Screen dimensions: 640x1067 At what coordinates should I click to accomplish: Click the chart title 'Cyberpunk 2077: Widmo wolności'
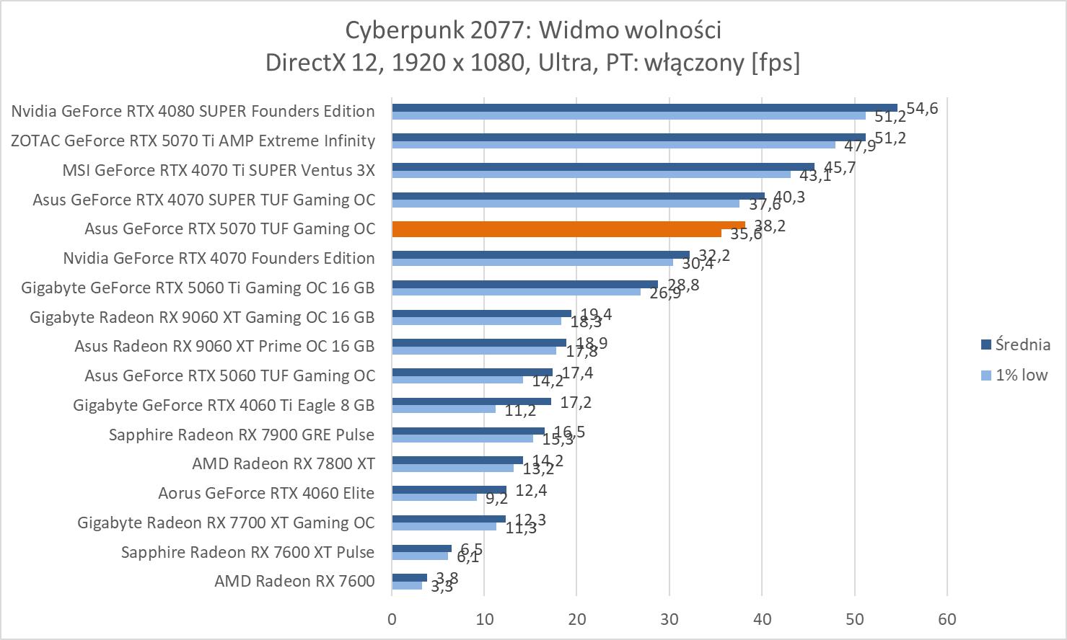pos(533,30)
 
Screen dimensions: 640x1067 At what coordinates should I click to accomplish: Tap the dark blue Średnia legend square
pos(986,345)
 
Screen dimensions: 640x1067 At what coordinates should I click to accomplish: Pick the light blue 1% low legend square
pos(986,375)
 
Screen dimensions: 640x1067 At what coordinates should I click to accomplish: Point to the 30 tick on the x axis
pos(669,619)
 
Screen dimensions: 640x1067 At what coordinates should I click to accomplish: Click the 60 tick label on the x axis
pos(947,619)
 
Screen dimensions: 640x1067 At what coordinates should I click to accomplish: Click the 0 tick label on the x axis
pos(392,619)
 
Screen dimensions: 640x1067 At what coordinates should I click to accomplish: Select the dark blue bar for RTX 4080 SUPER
pos(644,107)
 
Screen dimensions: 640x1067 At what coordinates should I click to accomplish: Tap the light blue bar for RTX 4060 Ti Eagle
pos(444,409)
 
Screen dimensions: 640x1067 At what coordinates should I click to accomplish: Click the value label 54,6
pos(922,109)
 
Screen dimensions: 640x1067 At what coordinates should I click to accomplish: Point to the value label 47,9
pos(860,146)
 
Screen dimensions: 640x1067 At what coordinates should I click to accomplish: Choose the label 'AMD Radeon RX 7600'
pos(294,581)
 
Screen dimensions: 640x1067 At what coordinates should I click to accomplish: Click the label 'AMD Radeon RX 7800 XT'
pos(284,463)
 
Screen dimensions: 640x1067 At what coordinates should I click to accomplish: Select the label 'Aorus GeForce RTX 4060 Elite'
pos(266,493)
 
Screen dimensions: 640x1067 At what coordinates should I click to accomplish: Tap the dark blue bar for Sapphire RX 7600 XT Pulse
pos(421,548)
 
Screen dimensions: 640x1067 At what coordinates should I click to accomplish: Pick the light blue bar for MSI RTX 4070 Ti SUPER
pos(591,174)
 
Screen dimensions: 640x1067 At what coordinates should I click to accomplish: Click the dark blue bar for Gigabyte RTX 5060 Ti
pos(524,284)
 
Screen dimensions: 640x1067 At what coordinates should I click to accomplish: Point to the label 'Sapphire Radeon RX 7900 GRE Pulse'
pos(242,435)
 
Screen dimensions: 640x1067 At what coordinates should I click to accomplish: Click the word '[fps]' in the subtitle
pos(776,62)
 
